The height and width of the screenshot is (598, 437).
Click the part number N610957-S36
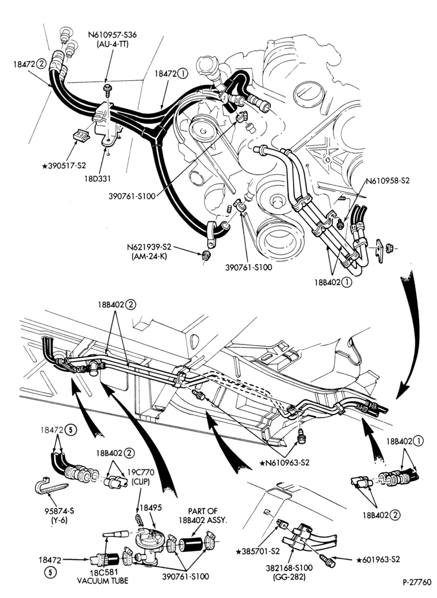(112, 35)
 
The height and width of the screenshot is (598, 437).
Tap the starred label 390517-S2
(64, 166)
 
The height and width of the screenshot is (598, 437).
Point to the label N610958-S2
(387, 181)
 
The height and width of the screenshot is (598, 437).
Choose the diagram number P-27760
(417, 582)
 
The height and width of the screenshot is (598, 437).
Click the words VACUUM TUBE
(103, 581)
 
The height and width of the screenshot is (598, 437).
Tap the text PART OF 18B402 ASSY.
(202, 515)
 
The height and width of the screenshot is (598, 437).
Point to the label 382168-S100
(290, 568)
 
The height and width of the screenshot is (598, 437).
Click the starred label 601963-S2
(378, 560)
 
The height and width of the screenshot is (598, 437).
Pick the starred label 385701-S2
(258, 551)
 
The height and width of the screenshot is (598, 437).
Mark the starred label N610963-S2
(284, 463)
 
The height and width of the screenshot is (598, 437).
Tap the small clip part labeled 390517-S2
(81, 136)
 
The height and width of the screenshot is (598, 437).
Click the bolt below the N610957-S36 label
(107, 90)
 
